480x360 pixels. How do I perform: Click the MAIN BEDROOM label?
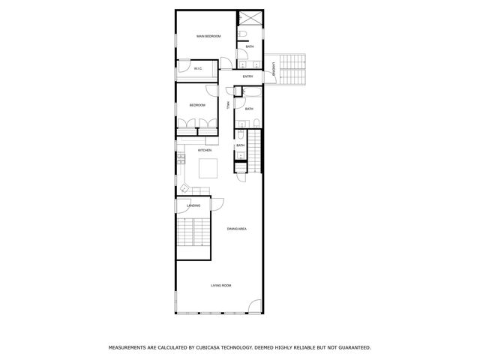pos(208,36)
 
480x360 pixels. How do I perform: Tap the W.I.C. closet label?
pos(198,69)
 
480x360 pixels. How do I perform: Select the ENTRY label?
pos(247,76)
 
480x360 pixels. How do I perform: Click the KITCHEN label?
pos(205,150)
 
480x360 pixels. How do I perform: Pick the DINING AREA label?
pos(237,228)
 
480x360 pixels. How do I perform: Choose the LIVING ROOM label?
pos(220,286)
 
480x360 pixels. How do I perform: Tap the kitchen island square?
pos(208,167)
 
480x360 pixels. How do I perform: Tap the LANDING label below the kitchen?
pos(193,205)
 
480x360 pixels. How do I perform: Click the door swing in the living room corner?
pos(255,307)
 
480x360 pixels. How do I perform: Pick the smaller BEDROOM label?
pos(197,105)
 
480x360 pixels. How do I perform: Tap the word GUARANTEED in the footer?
pos(353,348)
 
